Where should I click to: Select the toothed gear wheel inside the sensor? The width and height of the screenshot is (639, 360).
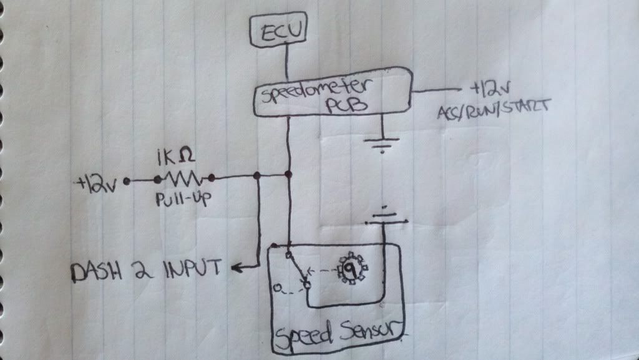pyautogui.click(x=353, y=270)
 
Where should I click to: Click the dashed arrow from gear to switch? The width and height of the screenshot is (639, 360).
pyautogui.click(x=323, y=271)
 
